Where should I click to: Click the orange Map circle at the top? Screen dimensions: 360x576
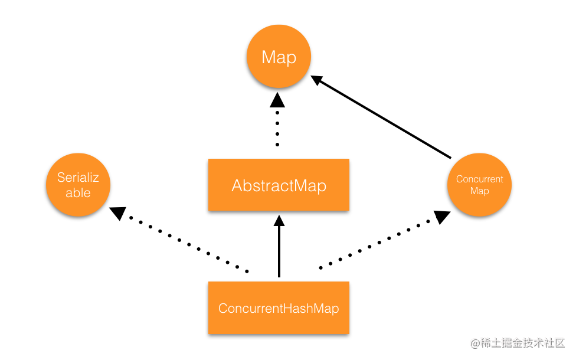tap(279, 57)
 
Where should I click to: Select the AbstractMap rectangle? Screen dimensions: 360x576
tap(279, 185)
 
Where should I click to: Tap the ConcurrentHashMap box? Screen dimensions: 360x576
tap(279, 308)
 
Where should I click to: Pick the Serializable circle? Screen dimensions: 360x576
tap(78, 185)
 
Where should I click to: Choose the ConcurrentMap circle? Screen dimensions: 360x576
tap(479, 185)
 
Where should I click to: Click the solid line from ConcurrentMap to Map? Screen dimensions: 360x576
tap(384, 119)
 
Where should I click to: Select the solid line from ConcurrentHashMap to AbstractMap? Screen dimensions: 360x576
tap(279, 251)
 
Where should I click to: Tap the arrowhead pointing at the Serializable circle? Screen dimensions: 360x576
tap(119, 213)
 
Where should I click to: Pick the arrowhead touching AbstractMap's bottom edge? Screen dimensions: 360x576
tap(279, 221)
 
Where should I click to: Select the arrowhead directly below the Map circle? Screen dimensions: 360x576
tap(277, 100)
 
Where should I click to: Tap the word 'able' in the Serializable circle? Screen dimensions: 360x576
tap(78, 193)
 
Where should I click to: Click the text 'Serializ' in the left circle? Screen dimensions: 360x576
tap(78, 177)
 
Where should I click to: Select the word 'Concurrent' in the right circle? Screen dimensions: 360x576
tap(479, 179)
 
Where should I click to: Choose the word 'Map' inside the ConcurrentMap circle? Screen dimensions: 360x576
tap(479, 191)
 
